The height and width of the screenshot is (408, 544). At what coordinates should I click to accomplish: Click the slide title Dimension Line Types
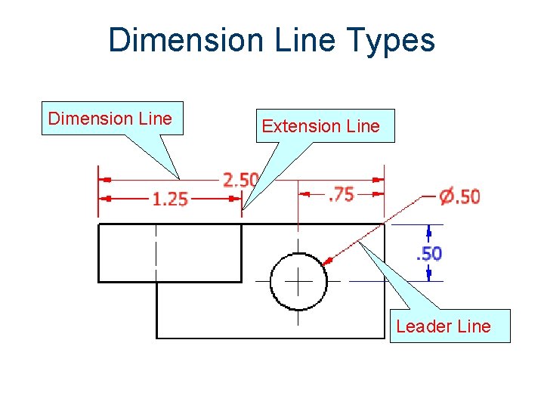click(x=272, y=39)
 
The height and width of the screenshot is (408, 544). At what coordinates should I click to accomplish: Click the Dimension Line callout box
click(x=111, y=119)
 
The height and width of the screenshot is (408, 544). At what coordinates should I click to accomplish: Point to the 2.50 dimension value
click(x=240, y=180)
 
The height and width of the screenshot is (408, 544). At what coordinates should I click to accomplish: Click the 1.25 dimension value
click(x=170, y=199)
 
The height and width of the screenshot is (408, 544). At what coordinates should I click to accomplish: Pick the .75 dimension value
click(x=341, y=194)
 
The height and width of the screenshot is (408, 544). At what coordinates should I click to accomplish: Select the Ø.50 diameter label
click(x=459, y=196)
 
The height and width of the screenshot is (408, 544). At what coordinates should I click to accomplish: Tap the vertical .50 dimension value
click(x=429, y=253)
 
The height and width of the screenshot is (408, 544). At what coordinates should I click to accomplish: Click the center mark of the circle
click(x=298, y=280)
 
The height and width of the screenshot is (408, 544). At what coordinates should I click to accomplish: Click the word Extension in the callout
click(x=292, y=126)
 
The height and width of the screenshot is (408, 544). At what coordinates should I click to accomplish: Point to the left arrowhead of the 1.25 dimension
click(x=107, y=198)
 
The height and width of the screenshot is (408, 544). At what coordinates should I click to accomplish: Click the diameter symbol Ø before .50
click(x=447, y=196)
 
